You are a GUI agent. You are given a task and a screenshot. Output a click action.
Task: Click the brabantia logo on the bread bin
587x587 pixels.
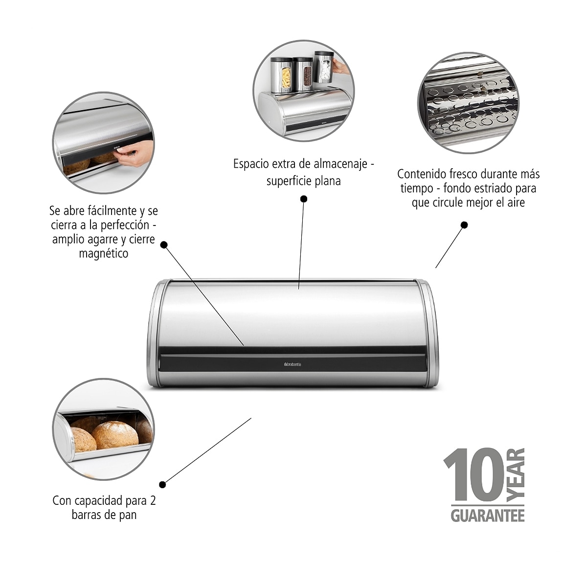click(x=292, y=364)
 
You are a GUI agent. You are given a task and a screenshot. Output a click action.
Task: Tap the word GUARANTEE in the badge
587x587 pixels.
click(x=488, y=516)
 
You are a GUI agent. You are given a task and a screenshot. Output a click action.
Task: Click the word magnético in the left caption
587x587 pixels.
click(x=104, y=253)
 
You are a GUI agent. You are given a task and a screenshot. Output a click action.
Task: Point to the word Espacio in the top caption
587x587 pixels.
click(x=251, y=164)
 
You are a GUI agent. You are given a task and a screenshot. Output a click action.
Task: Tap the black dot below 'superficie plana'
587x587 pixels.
click(x=303, y=199)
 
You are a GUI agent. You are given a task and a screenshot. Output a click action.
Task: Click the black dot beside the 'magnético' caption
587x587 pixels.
click(x=164, y=245)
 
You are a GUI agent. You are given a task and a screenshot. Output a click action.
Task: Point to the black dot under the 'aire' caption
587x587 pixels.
click(x=464, y=225)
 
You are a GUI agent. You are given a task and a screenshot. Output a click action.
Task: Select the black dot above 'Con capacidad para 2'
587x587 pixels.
click(x=163, y=484)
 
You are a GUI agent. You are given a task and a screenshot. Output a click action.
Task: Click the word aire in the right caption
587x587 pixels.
click(x=516, y=203)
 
